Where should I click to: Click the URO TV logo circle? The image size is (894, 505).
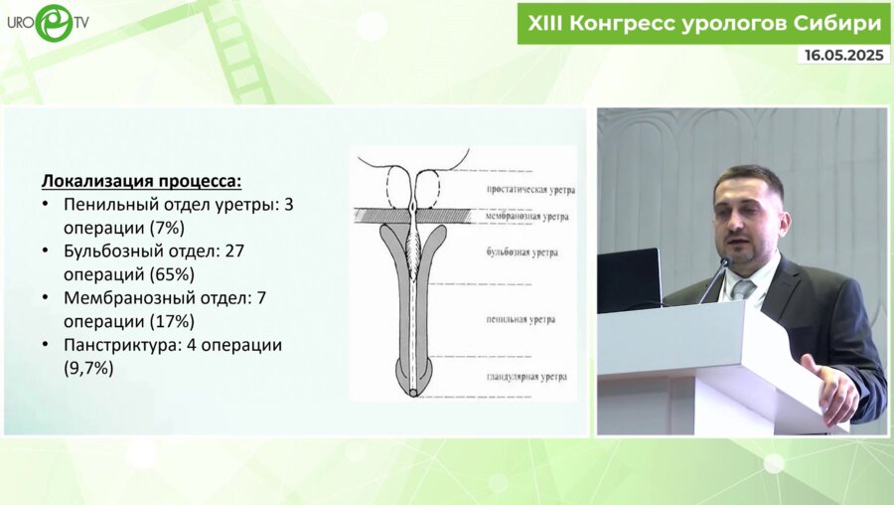point(54,23)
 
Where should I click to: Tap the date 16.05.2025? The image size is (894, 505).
point(843,55)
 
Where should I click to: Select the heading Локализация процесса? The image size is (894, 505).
point(141,181)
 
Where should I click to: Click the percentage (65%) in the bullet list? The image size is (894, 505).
point(172,274)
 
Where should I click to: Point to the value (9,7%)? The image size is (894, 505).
point(88,368)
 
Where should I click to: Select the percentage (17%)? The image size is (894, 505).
point(172,321)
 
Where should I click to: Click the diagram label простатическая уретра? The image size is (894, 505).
point(530,190)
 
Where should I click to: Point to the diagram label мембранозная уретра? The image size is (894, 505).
point(526,217)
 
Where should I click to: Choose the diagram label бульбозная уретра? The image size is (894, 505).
point(521,252)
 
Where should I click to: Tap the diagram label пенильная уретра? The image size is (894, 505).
point(521,319)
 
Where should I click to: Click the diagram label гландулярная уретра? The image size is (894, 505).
point(526,377)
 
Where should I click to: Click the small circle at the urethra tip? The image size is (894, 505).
point(413,393)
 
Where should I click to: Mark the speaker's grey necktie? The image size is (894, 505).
point(742,290)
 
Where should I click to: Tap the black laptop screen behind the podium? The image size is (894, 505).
point(629,280)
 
